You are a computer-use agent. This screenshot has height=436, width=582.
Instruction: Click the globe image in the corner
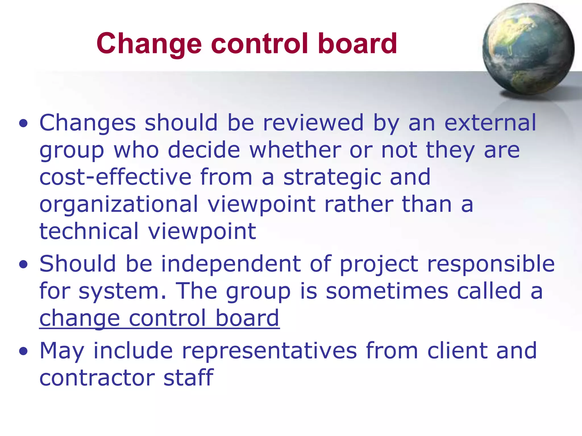point(528,49)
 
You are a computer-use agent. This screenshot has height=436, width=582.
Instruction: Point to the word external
point(490,123)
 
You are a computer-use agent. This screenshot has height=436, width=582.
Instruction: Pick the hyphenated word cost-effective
point(115,177)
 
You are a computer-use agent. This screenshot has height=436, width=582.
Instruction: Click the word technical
point(89,231)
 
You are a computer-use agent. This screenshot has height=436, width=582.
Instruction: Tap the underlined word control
point(167,318)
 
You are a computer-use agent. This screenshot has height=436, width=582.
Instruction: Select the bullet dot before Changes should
point(24,124)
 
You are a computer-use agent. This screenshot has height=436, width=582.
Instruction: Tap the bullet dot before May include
point(24,351)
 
